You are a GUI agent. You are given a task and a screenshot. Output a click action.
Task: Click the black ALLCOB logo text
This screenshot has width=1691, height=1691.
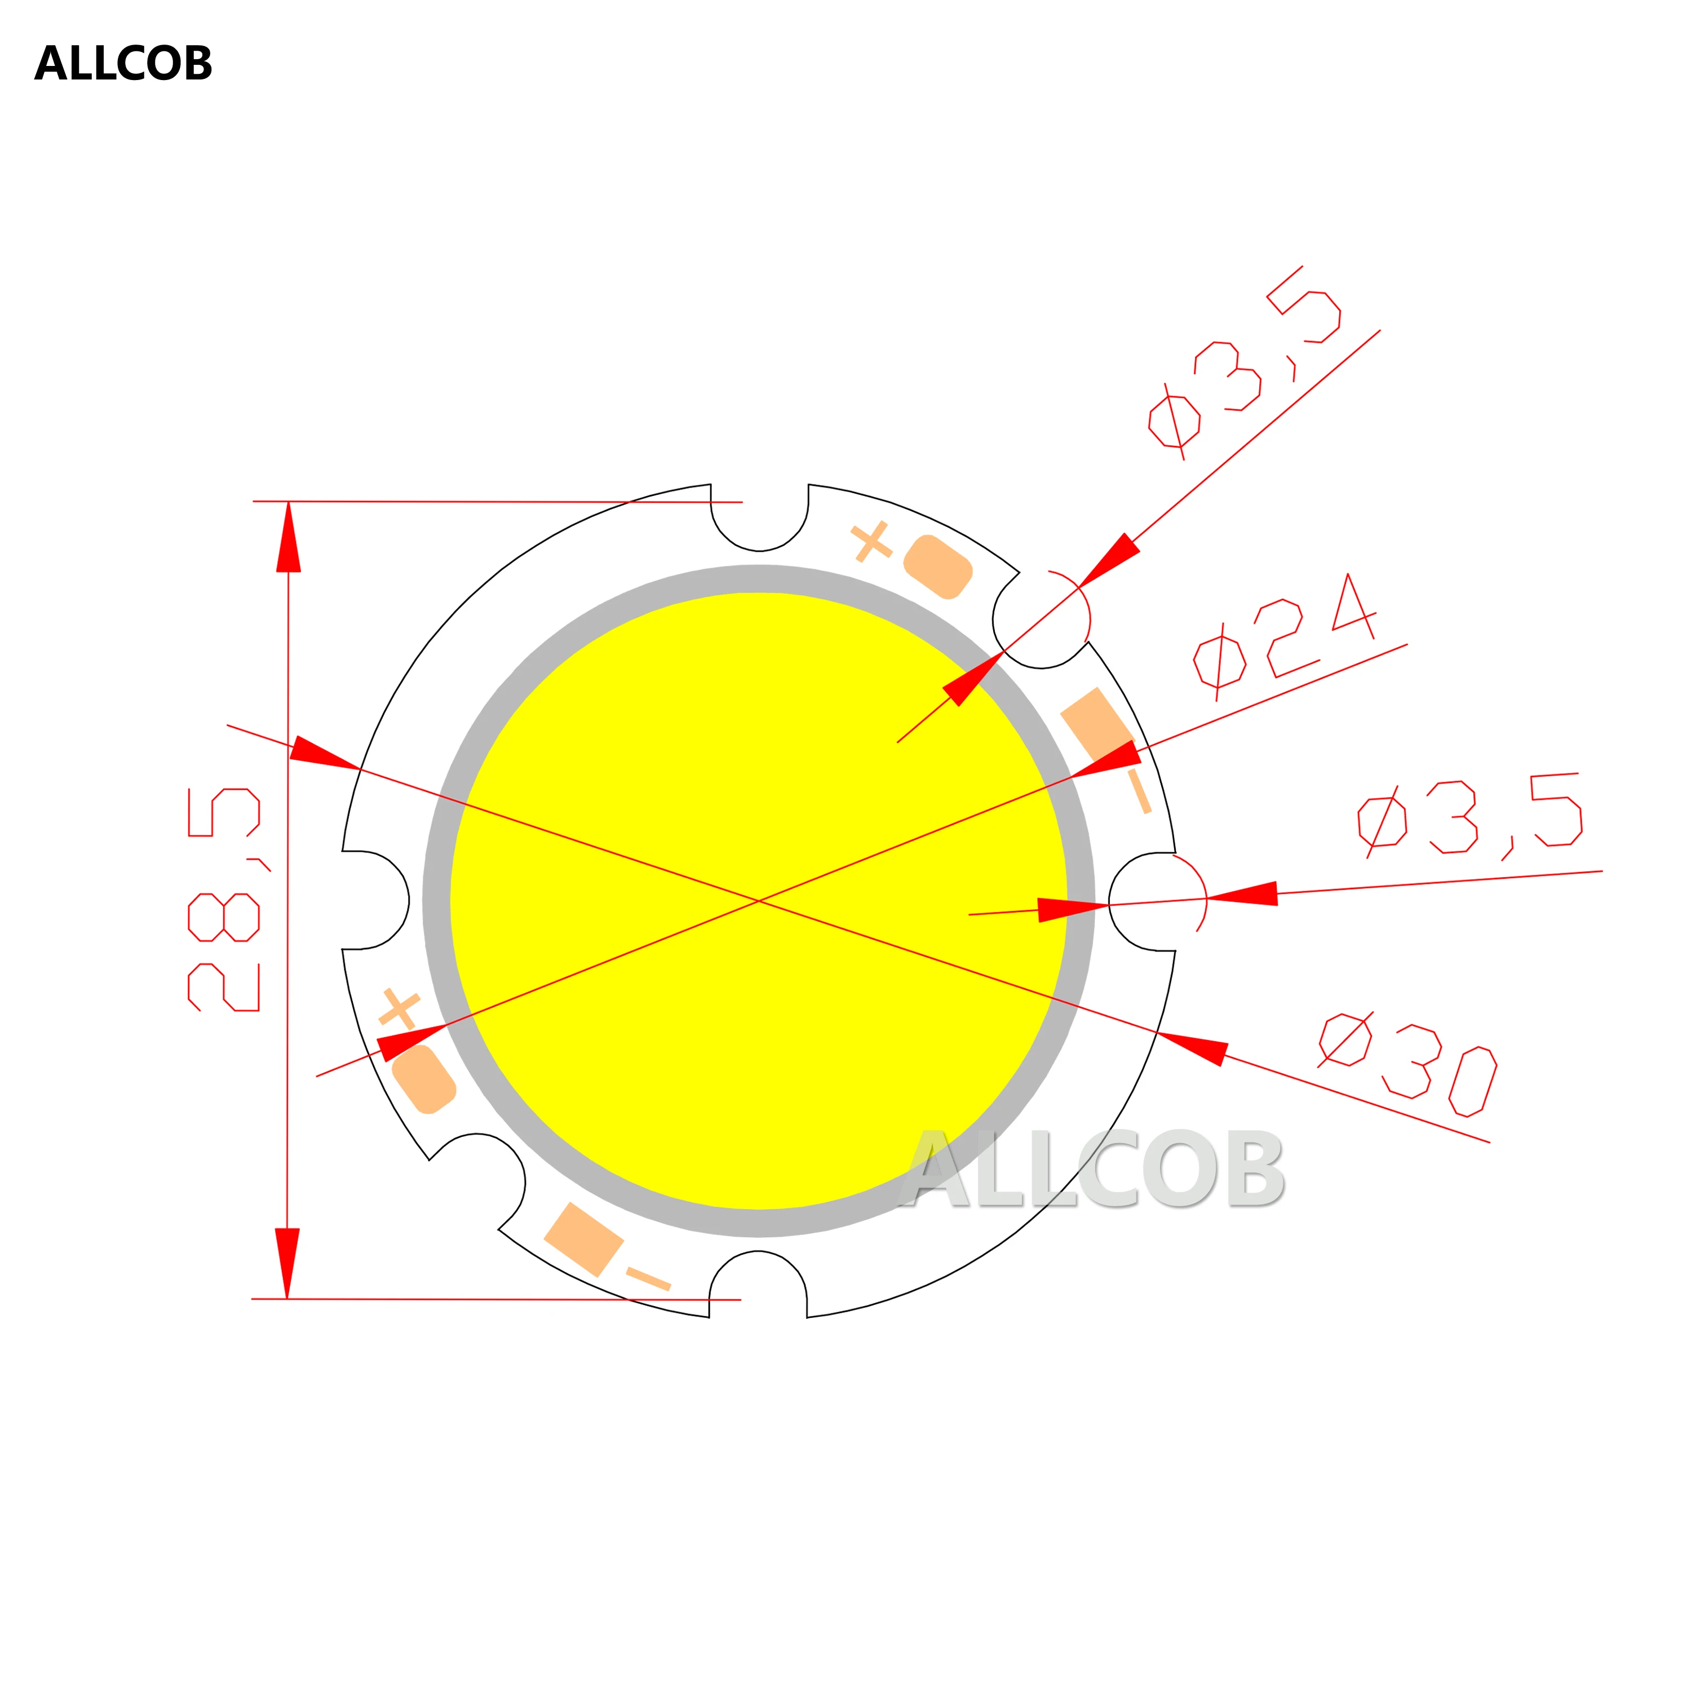pyautogui.click(x=123, y=64)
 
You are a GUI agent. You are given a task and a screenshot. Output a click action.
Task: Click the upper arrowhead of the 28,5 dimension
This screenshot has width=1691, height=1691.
pyautogui.click(x=289, y=538)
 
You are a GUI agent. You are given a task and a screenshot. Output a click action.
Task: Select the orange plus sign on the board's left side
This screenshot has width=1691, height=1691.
pyautogui.click(x=399, y=1008)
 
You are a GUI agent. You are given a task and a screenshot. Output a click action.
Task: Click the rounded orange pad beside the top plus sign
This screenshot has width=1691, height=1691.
pyautogui.click(x=937, y=566)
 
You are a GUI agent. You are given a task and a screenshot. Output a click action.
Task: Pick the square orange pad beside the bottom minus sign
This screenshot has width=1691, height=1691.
pyautogui.click(x=584, y=1238)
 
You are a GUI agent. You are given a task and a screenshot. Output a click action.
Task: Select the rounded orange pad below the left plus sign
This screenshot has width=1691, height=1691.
pyautogui.click(x=424, y=1079)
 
